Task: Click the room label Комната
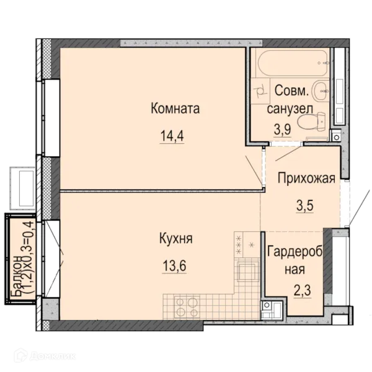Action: (175, 108)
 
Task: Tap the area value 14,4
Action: (172, 136)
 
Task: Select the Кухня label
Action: (176, 239)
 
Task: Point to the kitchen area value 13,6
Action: (174, 266)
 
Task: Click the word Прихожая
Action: (306, 178)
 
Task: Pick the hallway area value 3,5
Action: (304, 205)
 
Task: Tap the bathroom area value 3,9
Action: (283, 129)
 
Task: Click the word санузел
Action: (290, 109)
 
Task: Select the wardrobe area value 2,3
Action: (302, 291)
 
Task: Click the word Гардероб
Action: (295, 252)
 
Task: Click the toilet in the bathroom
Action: (311, 122)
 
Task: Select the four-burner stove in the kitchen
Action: (187, 306)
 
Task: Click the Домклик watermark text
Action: (53, 356)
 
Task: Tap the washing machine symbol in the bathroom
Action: (260, 90)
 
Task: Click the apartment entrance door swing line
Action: (360, 206)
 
